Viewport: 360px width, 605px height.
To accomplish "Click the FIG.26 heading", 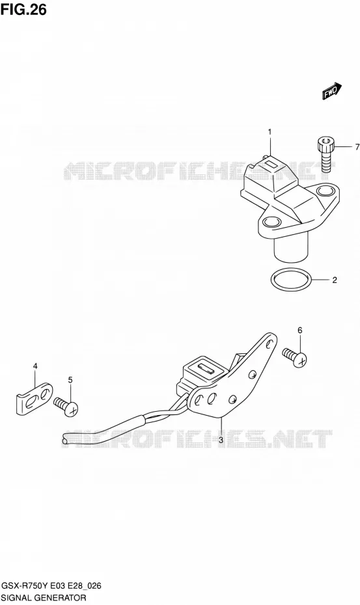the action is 23,9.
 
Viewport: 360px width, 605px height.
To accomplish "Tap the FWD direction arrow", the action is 332,91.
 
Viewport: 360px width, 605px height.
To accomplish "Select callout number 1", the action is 270,132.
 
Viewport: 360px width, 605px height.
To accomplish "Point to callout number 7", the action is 357,146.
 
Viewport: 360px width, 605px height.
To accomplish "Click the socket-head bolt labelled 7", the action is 325,154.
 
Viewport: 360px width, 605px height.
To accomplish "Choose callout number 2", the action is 335,280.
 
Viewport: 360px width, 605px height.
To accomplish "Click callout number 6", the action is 299,330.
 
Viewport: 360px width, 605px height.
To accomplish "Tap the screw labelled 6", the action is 295,357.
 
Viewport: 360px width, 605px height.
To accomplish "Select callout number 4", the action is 35,366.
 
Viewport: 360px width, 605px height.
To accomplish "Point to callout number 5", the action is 70,380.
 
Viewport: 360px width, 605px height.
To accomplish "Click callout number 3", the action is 221,440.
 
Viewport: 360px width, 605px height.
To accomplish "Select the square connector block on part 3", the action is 201,373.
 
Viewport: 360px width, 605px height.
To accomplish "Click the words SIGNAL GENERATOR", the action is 44,598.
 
